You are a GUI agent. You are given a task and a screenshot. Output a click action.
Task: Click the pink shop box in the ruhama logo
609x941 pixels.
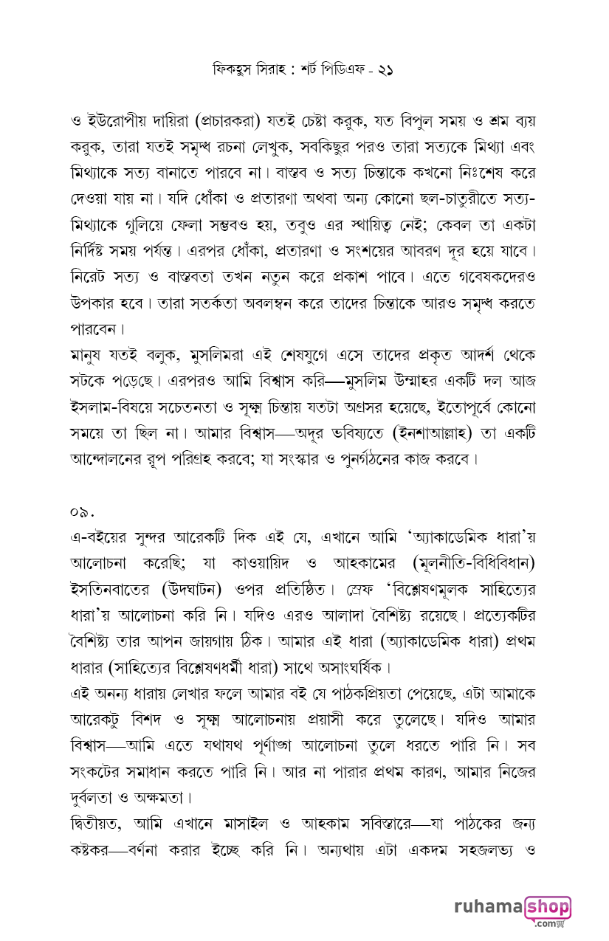coord(548,907)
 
